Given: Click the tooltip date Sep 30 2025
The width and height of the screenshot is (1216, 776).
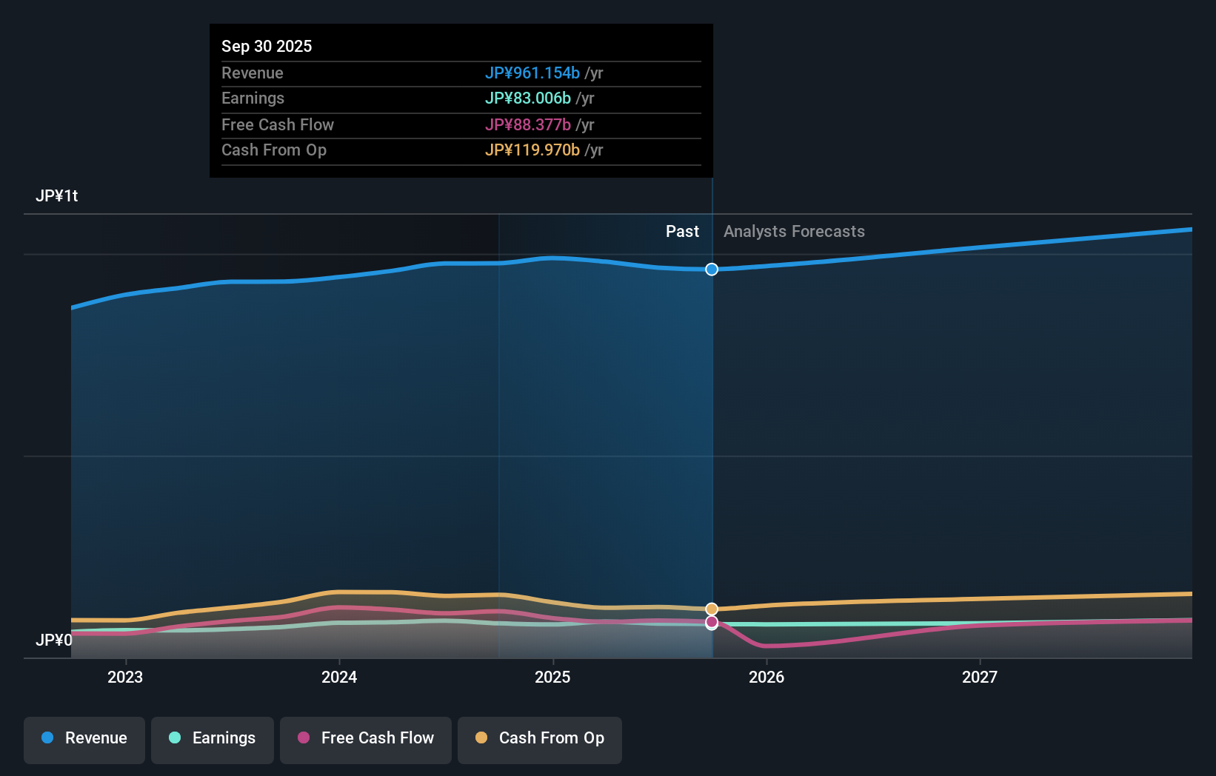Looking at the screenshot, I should pos(267,46).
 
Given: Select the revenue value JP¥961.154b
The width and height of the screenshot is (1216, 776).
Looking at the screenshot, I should pos(532,73).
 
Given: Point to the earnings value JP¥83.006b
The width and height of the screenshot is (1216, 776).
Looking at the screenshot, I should pos(527,98).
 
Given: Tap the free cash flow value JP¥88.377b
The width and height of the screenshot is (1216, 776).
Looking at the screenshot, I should pos(527,124).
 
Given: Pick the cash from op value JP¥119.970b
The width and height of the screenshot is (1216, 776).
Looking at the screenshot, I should pos(532,150).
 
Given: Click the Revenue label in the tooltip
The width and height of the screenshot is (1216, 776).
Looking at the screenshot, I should pos(252,73).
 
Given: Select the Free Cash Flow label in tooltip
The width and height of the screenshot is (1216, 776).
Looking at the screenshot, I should pos(277,124).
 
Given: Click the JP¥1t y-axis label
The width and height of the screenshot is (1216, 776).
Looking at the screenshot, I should pos(56,195).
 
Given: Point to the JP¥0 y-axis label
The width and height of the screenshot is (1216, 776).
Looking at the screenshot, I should pos(53,640).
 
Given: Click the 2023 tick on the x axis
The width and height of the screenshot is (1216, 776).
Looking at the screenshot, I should pos(125,677).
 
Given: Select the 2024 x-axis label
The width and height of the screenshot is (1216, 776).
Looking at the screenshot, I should pos(339,677).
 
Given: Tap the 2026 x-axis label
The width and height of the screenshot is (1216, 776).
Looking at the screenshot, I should pos(766,677).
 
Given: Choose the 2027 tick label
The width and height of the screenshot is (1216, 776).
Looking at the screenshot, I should pos(980,677).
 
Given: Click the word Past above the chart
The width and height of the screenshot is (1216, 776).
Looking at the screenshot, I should pos(682,231).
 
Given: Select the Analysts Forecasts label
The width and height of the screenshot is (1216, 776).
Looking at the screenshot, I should pos(794,231).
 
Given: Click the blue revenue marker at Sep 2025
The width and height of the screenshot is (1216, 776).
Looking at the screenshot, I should pos(712,270).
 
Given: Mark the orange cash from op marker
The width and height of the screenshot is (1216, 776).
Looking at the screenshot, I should pos(712,609).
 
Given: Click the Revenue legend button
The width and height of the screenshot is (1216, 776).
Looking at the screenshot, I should pos(84,738).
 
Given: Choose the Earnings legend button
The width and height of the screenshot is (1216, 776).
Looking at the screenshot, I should pos(213,738).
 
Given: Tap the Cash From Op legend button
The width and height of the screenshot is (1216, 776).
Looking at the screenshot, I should pos(540,738).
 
